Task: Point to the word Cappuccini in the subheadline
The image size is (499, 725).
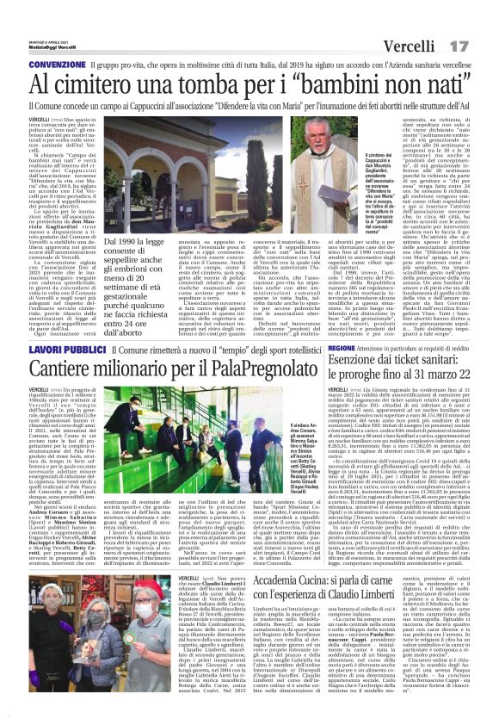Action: [207, 108]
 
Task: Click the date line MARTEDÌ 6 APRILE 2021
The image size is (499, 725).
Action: [41, 34]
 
